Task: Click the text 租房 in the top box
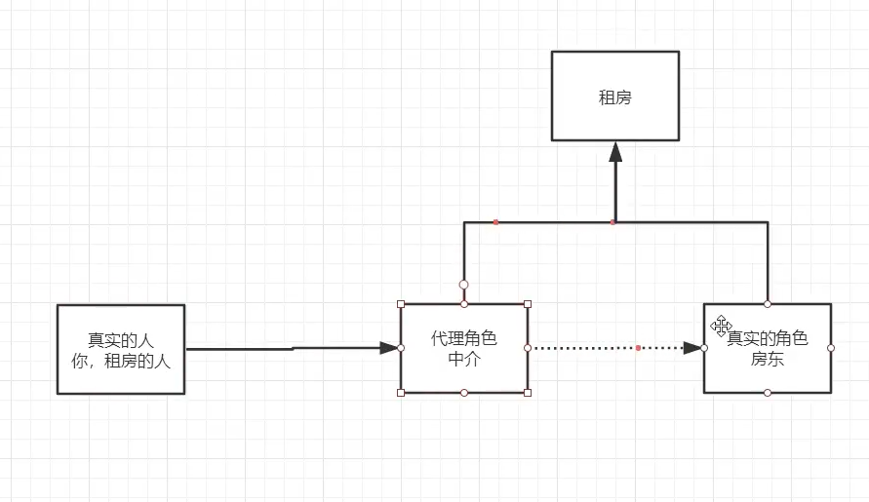point(614,97)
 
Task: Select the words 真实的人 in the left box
point(121,340)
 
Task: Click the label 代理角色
point(463,339)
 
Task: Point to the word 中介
point(463,357)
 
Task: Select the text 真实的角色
point(770,339)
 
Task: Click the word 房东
point(766,359)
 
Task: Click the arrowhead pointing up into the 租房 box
point(615,151)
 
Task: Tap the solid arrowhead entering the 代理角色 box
point(389,347)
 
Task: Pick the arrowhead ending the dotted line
point(694,348)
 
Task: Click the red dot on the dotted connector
point(638,348)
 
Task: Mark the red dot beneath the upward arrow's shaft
point(612,222)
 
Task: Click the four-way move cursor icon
point(722,326)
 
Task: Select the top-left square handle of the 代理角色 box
point(401,304)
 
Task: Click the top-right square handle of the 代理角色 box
point(528,304)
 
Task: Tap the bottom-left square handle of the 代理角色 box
point(401,393)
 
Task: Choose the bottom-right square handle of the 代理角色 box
point(528,393)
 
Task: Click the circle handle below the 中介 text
point(464,393)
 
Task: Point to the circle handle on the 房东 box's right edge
point(831,348)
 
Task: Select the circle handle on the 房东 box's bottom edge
point(768,393)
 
